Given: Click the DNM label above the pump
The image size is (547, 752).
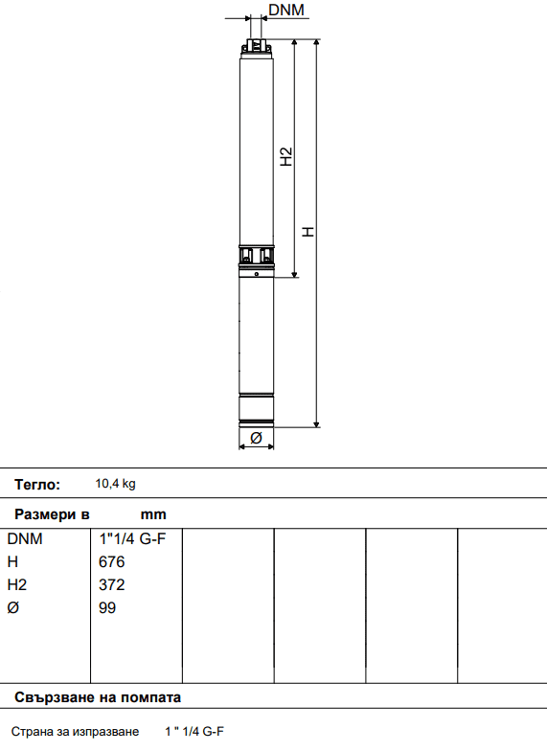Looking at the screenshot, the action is click(x=286, y=10).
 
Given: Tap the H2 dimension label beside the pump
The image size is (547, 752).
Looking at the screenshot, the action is click(x=286, y=156).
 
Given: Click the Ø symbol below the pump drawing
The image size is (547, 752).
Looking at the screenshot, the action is click(x=256, y=438).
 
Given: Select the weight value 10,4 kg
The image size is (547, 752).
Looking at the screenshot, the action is click(x=116, y=484).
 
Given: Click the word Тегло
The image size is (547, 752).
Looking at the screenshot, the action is click(x=37, y=485).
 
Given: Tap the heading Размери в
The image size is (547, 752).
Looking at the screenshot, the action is click(x=52, y=514).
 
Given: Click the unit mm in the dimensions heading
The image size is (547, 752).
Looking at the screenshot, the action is click(x=153, y=514).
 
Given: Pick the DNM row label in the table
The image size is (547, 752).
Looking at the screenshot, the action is click(x=25, y=539).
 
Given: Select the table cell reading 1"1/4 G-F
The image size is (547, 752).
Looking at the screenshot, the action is click(x=132, y=538).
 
